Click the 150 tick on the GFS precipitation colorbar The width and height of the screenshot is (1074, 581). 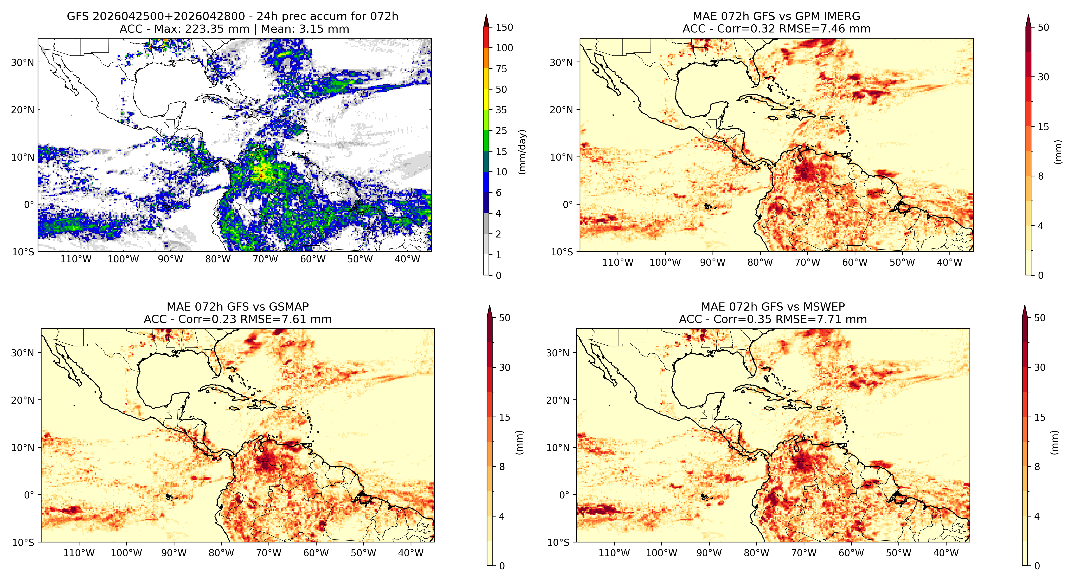[504, 28]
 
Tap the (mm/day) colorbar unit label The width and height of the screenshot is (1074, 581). [522, 152]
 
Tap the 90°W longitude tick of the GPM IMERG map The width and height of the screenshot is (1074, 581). [713, 262]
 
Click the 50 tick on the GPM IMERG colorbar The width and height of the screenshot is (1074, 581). [1043, 28]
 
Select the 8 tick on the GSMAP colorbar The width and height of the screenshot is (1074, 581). [502, 467]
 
